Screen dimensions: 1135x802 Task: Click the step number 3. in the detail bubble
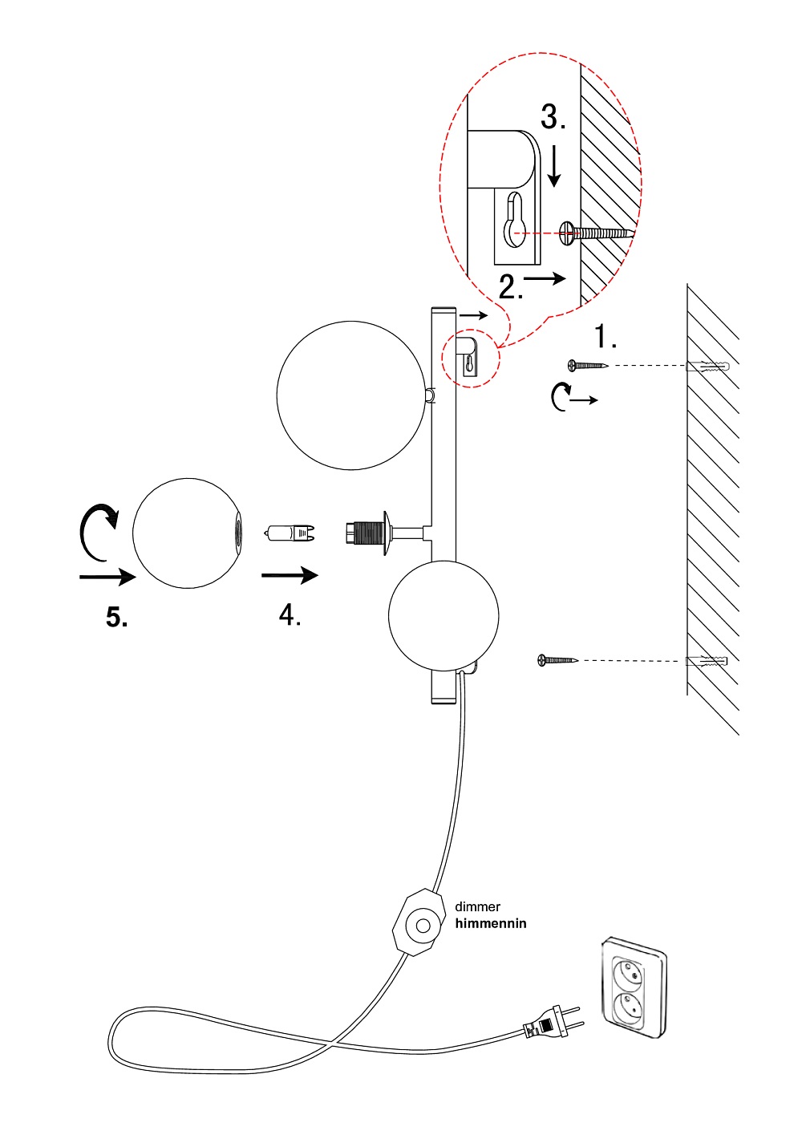553,117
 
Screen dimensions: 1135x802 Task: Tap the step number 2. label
511,286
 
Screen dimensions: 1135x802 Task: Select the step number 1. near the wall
606,338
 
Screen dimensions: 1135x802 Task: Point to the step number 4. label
290,615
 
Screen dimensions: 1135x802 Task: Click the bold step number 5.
117,617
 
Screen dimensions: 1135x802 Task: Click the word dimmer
477,906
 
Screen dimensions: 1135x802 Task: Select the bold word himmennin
491,923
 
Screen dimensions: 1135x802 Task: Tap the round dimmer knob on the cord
422,926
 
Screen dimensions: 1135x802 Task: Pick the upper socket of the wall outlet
628,974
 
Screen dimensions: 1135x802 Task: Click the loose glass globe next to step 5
186,533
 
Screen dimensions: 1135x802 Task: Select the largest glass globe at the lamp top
351,395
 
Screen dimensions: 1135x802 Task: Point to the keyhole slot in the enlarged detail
514,222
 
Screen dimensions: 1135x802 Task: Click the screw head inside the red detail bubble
568,233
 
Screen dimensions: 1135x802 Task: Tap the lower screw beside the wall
557,660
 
